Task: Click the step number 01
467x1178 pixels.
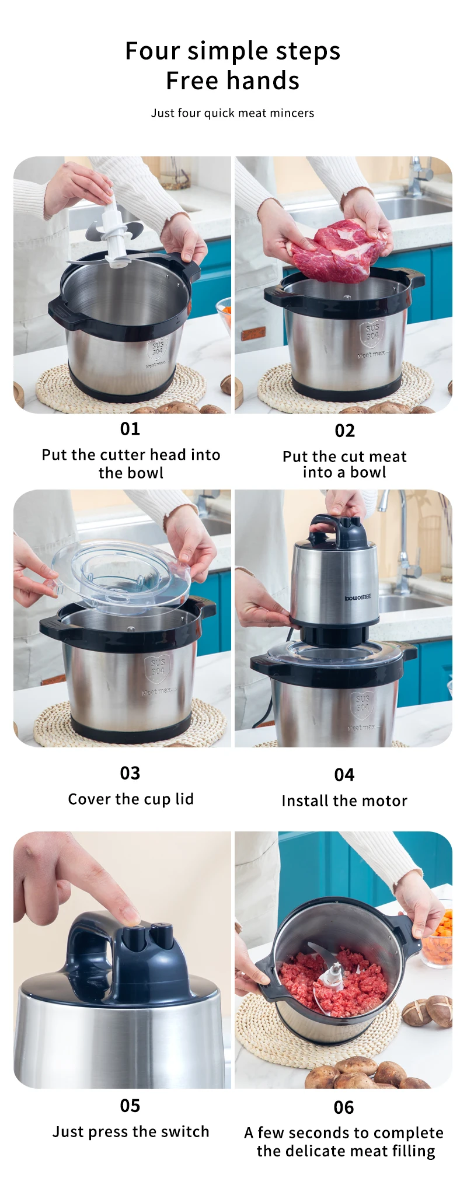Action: click(130, 429)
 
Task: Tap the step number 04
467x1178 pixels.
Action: click(344, 775)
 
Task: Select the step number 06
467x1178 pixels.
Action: click(344, 1107)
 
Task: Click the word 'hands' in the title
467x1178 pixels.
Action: click(264, 81)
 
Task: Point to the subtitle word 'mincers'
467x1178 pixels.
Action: click(291, 113)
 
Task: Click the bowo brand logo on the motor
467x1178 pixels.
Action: click(357, 598)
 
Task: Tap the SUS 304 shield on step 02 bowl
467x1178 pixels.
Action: click(372, 333)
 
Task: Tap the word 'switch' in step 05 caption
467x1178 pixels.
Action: click(184, 1132)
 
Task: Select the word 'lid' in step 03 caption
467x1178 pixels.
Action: click(184, 799)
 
